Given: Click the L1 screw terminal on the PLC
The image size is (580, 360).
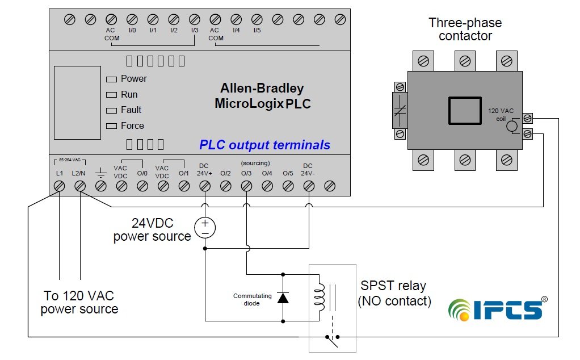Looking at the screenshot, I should click(60, 186).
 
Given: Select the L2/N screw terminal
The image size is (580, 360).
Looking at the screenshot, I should click(80, 186).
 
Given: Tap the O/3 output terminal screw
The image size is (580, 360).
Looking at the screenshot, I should click(246, 186).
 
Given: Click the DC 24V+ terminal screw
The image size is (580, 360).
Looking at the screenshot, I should click(205, 186).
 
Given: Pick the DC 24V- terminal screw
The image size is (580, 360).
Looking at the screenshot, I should click(309, 186).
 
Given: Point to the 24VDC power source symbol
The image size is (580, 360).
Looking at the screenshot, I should click(205, 228).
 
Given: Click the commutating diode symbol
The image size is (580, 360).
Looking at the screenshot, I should click(283, 298).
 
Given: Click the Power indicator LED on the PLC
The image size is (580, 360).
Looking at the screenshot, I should click(111, 79).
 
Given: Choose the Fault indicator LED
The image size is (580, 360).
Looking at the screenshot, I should click(111, 110).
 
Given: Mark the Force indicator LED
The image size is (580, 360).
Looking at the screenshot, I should click(111, 126).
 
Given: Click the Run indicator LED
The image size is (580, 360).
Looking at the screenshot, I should click(111, 95).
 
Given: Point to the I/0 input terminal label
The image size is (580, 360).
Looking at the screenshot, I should click(132, 30).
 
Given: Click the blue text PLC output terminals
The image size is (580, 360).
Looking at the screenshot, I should click(264, 145).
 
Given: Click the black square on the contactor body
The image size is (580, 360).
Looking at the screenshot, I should click(465, 110).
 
